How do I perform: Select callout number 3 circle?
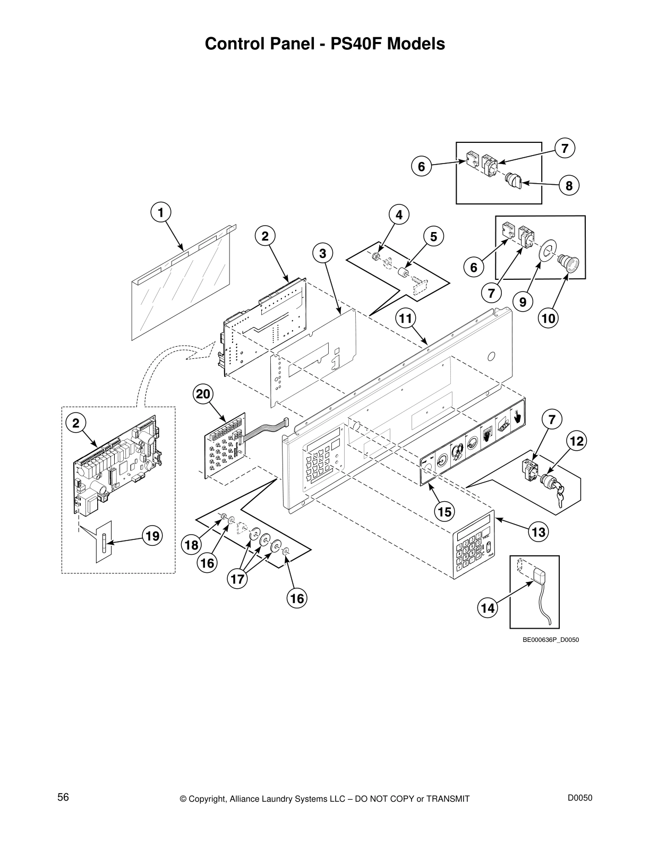point(322,254)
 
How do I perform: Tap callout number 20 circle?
point(203,394)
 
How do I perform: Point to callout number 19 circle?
point(152,536)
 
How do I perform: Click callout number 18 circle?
point(192,545)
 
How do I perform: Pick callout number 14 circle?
point(487,608)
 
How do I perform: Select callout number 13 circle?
point(538,532)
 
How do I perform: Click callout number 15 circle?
point(444,511)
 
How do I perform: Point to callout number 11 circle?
point(405,319)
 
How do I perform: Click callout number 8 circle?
point(569,186)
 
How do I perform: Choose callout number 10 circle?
point(549,319)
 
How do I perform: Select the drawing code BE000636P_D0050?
point(551,640)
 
